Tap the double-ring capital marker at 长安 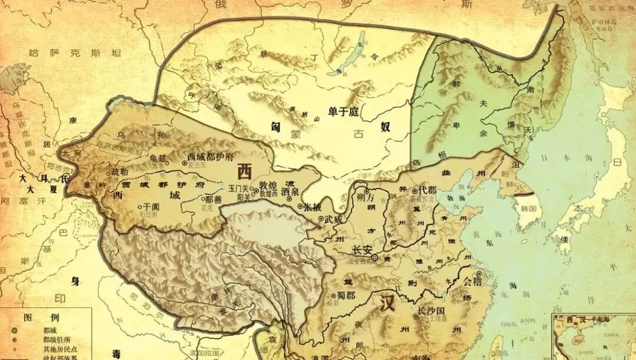point(375,257)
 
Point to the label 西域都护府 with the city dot point(211,157)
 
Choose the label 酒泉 point(290,191)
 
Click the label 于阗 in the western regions point(148,207)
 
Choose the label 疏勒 point(119,173)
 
